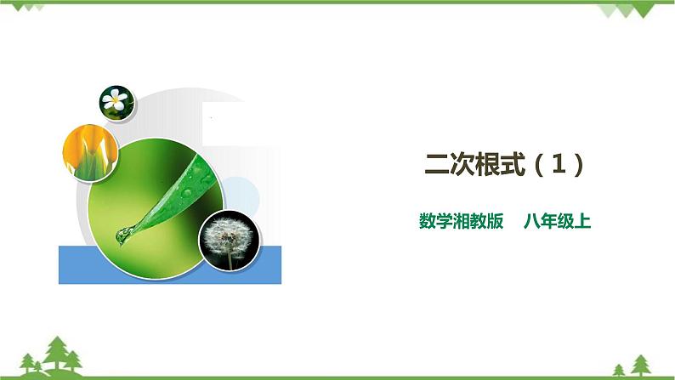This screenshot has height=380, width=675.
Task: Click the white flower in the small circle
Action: click(x=113, y=101)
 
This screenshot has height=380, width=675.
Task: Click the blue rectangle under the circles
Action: click(x=169, y=264)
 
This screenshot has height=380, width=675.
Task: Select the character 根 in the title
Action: click(x=491, y=164)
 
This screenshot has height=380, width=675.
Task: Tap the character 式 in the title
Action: click(x=517, y=164)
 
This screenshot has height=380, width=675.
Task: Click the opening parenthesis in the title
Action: click(x=541, y=164)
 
